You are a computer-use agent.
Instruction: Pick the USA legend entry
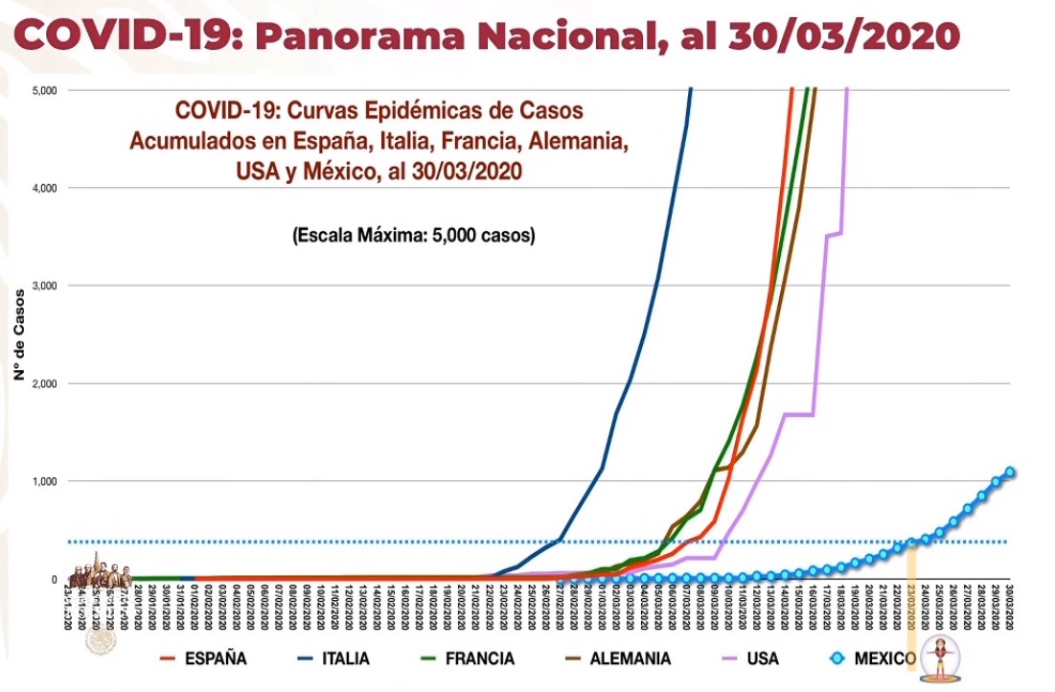point(763,658)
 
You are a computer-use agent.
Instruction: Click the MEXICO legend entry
point(883,658)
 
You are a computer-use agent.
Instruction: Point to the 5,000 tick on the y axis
point(42,90)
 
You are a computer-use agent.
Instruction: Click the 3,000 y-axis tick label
point(42,286)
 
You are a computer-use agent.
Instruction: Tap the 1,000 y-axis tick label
point(42,481)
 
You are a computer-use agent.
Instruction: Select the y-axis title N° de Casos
point(17,334)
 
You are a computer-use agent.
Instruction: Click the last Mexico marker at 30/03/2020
point(1010,472)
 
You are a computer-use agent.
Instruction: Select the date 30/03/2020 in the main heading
point(843,36)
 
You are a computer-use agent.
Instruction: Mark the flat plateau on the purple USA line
point(798,414)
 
